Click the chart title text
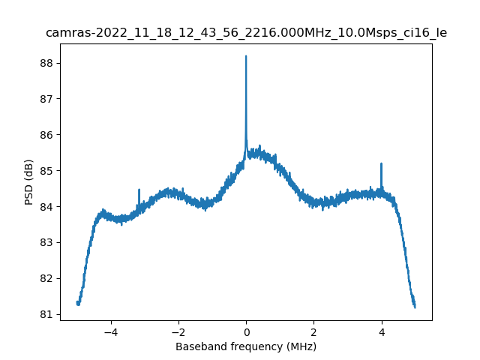tap(246, 33)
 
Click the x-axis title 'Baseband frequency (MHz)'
tap(246, 346)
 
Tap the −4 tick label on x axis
tap(110, 331)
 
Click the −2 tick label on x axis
tap(178, 331)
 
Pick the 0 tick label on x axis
tap(246, 331)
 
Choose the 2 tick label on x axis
tap(313, 331)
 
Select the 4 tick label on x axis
tap(382, 331)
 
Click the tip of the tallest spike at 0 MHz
tap(246, 56)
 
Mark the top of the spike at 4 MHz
tap(382, 163)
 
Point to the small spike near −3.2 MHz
tap(139, 190)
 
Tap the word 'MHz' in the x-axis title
tap(301, 346)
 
